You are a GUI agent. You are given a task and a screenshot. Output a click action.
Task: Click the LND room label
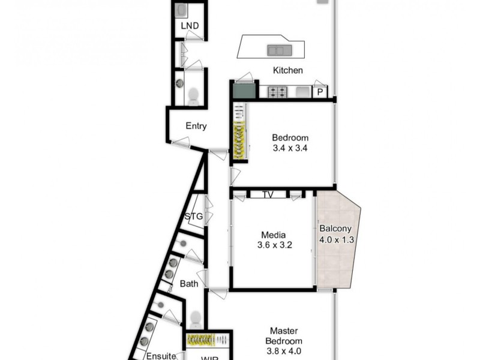point(190,26)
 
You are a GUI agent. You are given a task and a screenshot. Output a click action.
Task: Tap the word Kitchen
point(287,70)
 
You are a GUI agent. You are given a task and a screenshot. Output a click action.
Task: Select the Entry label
point(196,126)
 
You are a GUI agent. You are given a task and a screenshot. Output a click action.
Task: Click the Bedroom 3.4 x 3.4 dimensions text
point(290,148)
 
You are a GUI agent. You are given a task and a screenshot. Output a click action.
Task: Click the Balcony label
point(335,229)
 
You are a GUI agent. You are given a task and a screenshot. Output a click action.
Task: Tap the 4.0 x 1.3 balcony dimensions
point(337,239)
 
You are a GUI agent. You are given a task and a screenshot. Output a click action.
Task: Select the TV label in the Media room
point(268,195)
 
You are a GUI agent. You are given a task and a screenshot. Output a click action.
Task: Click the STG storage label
point(194,217)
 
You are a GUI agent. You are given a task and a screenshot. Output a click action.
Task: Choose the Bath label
point(190,283)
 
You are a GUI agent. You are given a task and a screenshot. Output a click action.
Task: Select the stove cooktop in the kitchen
point(277,92)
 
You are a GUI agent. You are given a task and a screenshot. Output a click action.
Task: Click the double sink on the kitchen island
point(278,50)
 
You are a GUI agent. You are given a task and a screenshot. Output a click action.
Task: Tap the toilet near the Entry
point(193,96)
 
